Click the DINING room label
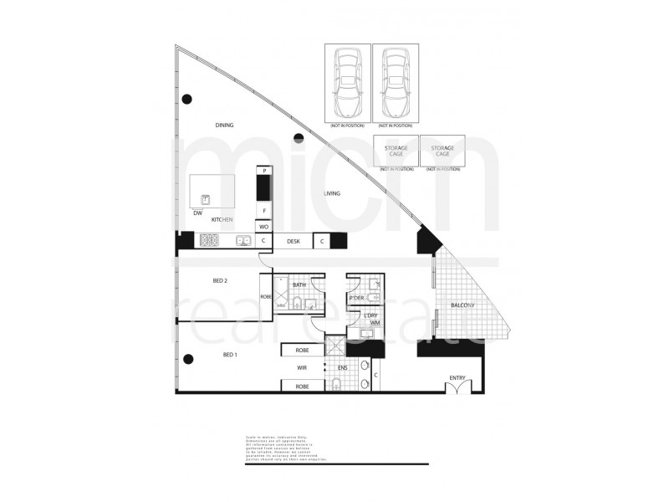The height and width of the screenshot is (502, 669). click(x=224, y=125)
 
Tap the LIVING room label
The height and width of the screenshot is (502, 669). click(x=332, y=194)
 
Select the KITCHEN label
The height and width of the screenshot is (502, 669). click(x=221, y=219)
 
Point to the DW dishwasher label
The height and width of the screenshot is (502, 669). click(x=197, y=213)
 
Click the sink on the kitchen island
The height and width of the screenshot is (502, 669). click(x=205, y=199)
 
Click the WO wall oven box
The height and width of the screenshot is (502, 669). click(x=263, y=226)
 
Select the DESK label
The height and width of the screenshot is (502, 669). click(x=293, y=241)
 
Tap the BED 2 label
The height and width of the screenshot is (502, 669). click(x=220, y=281)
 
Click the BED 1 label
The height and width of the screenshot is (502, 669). click(x=230, y=355)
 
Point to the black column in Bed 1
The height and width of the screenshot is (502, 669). click(x=188, y=359)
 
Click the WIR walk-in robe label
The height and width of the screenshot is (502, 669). click(x=302, y=367)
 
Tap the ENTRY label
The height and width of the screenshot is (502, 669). click(x=457, y=378)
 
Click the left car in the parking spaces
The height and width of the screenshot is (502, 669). click(x=347, y=81)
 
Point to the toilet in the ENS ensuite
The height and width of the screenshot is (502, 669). click(x=335, y=385)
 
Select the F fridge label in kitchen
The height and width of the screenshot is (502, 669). click(x=263, y=210)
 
